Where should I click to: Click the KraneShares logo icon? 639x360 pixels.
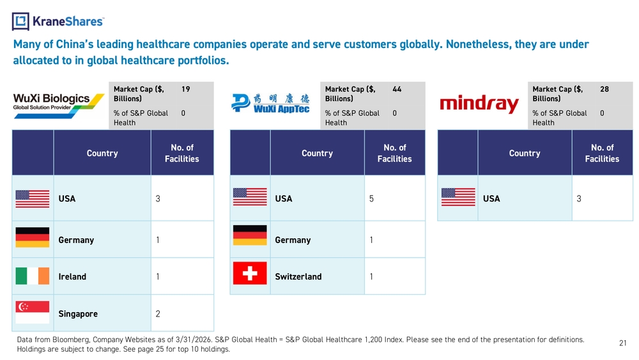click(x=20, y=21)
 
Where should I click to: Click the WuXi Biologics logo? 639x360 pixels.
click(x=59, y=106)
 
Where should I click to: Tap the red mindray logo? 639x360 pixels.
click(x=479, y=104)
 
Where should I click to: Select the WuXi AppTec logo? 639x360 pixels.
click(x=270, y=103)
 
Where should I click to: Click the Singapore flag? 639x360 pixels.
click(x=33, y=312)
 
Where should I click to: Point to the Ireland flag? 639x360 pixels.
click(x=33, y=276)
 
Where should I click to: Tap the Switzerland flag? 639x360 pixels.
click(x=250, y=273)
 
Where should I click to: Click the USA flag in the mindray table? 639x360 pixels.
click(x=458, y=198)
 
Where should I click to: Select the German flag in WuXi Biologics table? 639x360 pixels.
click(x=33, y=237)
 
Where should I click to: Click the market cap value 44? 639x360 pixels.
click(x=397, y=89)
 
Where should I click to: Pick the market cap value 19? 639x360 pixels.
click(x=186, y=89)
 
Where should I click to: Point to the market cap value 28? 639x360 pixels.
click(x=604, y=89)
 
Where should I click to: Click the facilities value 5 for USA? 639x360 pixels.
click(x=371, y=199)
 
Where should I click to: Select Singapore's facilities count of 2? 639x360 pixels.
click(x=158, y=313)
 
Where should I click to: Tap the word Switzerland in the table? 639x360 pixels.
click(x=298, y=276)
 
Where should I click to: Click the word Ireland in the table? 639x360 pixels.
click(x=72, y=276)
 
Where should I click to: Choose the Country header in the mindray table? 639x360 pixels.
click(x=525, y=153)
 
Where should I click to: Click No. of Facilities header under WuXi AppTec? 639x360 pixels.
click(x=394, y=153)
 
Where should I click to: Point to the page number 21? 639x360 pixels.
click(x=622, y=343)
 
